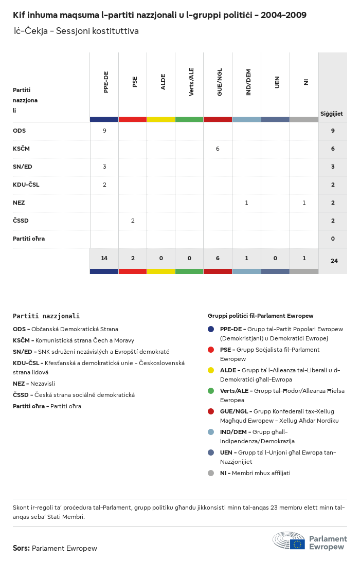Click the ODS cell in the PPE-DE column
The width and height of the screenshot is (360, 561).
[104, 131]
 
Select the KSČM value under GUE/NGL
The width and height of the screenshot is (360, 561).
[218, 149]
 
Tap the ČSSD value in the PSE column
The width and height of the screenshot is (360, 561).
[133, 221]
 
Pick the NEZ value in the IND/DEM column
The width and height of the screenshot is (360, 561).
[246, 203]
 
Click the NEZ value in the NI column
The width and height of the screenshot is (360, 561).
[304, 203]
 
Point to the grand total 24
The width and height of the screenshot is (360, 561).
[334, 261]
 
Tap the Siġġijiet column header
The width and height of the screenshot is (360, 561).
[332, 114]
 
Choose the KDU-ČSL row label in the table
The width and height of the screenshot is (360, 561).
[26, 185]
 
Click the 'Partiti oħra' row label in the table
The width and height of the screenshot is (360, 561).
[29, 239]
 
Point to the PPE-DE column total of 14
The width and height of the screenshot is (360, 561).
[104, 258]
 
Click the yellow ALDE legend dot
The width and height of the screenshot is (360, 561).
[211, 370]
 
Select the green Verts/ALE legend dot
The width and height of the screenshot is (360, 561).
[211, 391]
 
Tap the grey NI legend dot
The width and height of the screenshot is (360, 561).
[211, 473]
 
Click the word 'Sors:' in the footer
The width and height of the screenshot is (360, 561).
[21, 548]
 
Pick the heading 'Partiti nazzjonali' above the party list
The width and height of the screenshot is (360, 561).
[46, 316]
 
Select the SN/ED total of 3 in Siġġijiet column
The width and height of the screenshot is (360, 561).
[333, 167]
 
